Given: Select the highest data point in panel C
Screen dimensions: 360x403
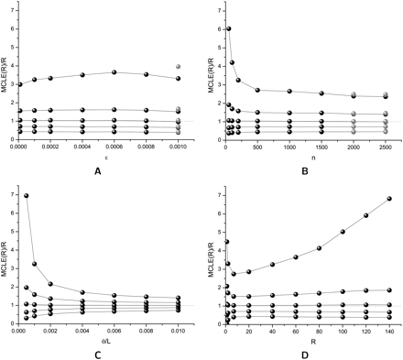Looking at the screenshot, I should [x=27, y=195].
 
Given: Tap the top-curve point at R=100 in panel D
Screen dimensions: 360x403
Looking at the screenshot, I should [x=343, y=232].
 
